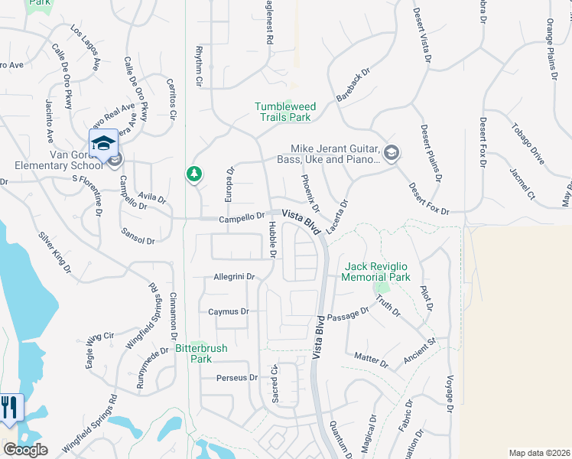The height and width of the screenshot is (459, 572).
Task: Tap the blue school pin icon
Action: [103, 143]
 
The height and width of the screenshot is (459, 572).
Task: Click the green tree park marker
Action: [194, 175]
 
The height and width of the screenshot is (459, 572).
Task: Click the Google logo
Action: [24, 449]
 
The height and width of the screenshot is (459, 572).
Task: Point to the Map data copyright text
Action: [538, 453]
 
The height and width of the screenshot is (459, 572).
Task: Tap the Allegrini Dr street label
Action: [233, 276]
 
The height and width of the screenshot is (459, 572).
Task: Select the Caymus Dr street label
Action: [229, 311]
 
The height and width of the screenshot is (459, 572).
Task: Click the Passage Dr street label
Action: [349, 314]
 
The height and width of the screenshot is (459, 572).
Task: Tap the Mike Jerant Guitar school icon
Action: [392, 154]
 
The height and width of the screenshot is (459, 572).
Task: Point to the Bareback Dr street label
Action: [353, 84]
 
